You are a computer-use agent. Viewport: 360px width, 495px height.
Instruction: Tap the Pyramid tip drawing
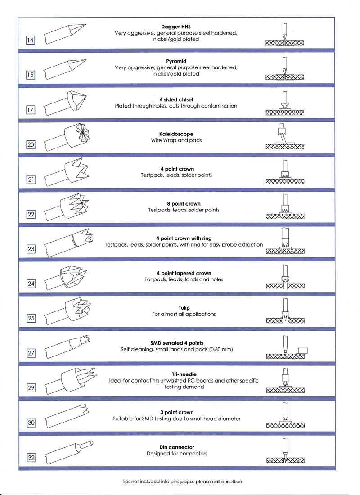[67, 68]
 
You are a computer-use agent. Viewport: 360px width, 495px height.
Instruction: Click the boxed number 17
[31, 111]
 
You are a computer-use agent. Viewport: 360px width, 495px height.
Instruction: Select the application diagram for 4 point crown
[285, 173]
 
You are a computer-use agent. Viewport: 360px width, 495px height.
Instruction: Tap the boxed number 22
[31, 215]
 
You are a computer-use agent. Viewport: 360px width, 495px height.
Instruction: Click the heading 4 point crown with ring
[184, 238]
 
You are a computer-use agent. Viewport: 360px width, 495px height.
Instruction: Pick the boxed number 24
[31, 284]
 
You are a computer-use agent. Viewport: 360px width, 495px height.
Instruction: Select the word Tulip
[184, 308]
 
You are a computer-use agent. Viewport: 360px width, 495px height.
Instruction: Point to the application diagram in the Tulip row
[285, 312]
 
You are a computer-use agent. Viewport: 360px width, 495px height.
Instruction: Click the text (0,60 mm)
[225, 350]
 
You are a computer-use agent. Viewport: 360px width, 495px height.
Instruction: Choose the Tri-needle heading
[184, 374]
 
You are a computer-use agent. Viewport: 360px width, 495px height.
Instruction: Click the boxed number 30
[31, 423]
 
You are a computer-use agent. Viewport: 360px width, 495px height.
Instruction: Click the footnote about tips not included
[182, 481]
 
